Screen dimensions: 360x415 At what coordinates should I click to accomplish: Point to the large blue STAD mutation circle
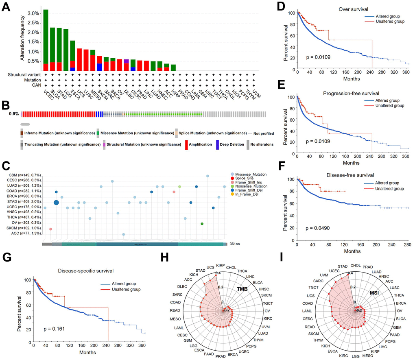[x=56, y=203]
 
